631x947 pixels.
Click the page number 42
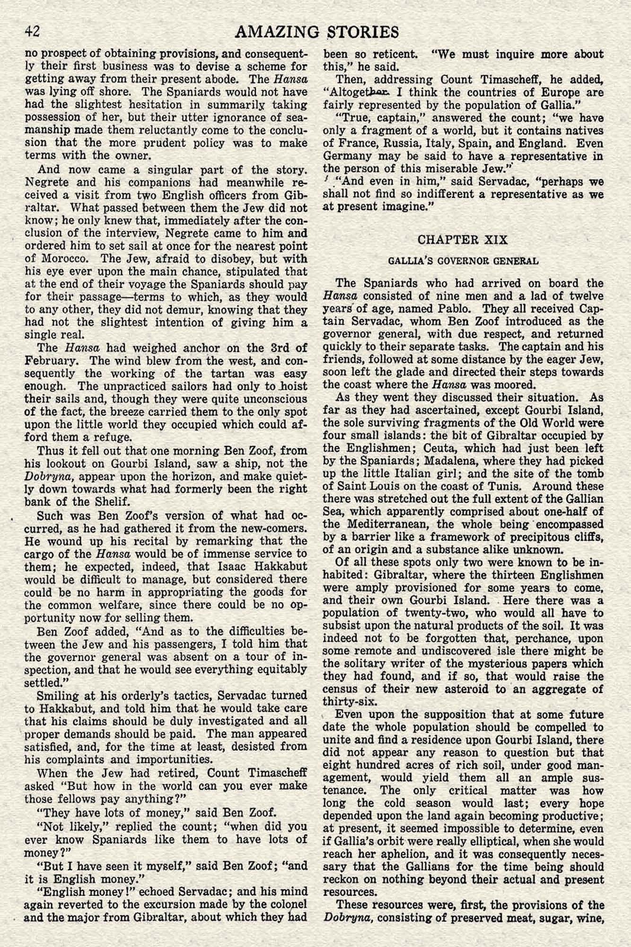(x=32, y=32)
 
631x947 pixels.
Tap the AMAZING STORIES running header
(x=316, y=32)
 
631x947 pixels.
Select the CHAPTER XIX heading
(x=462, y=240)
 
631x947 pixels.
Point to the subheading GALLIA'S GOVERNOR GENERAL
(x=463, y=261)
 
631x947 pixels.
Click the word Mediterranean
(x=383, y=524)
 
